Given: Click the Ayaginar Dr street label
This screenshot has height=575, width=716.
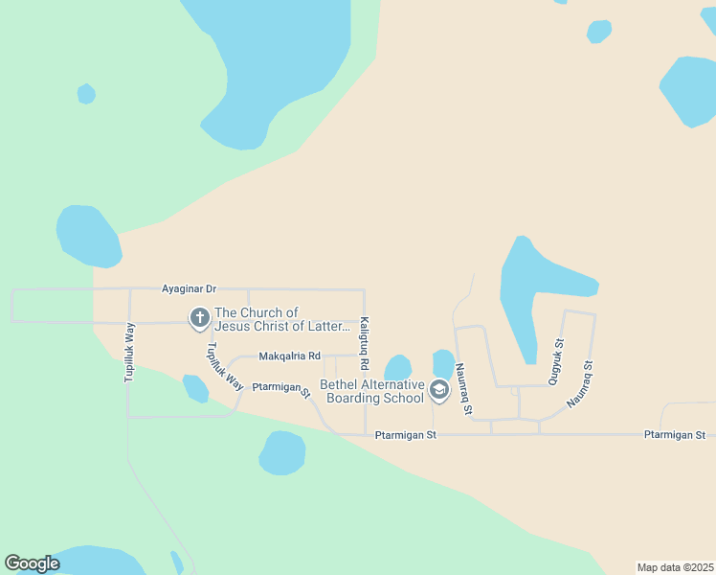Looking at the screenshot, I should coord(190,287).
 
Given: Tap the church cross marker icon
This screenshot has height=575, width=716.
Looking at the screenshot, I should coord(200,318).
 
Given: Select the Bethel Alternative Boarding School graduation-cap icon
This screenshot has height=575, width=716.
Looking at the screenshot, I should coord(439,389).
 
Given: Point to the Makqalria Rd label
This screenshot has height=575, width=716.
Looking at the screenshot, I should coord(289,356).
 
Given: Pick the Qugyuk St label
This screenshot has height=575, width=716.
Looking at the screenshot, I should coord(555,362).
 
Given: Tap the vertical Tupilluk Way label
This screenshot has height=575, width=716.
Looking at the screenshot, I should coord(129,353).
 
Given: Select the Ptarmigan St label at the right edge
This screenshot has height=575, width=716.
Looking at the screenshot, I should coord(674,435).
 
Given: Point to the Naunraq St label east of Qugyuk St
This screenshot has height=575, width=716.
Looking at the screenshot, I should coord(582,383).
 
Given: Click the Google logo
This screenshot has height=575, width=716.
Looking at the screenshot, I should coord(32,563).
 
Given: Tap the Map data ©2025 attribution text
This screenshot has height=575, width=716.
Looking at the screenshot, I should coord(674,567).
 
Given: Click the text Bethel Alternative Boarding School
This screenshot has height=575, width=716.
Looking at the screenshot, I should coord(374,391).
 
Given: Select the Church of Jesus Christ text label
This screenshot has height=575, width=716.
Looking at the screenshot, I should coord(282,319).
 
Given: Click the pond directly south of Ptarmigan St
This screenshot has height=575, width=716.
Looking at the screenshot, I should coord(281,452).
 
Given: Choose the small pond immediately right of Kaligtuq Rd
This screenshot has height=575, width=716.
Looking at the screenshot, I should coord(397,368).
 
